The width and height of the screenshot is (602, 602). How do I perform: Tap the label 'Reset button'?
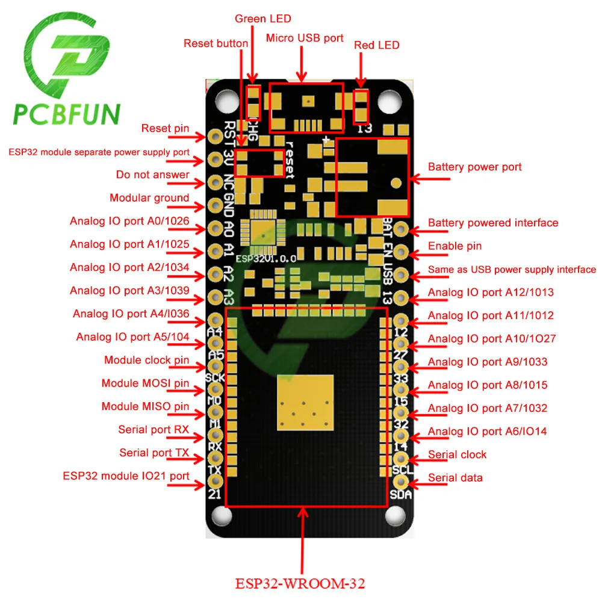[x=216, y=43]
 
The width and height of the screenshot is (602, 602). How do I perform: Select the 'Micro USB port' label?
[x=305, y=39]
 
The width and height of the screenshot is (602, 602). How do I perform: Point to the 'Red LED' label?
[x=376, y=45]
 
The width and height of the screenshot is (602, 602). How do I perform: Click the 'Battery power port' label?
[x=474, y=167]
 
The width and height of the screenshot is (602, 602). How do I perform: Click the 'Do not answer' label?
[x=153, y=175]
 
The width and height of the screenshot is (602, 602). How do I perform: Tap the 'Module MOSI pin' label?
[x=145, y=383]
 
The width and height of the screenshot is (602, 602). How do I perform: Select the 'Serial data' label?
[x=455, y=478]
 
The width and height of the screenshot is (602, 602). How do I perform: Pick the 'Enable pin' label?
[x=455, y=246]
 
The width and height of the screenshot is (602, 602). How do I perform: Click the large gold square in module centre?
[x=306, y=402]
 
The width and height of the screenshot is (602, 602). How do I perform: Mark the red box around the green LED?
[x=254, y=101]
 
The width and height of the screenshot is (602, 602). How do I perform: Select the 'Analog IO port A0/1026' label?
[x=129, y=221]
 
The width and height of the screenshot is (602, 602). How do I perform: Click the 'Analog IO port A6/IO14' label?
[x=488, y=432]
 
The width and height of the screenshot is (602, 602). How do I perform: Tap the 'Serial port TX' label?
[x=154, y=453]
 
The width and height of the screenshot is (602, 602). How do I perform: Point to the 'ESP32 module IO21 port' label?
[x=126, y=476]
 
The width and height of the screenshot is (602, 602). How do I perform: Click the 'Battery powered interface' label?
[x=493, y=223]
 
